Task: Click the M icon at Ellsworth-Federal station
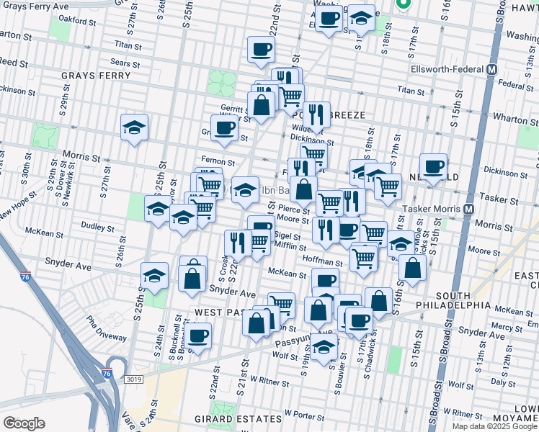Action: point(492,70)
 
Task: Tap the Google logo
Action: point(24,423)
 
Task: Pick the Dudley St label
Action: point(93,225)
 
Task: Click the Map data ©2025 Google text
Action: point(495,426)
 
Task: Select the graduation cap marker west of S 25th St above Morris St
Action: point(134,127)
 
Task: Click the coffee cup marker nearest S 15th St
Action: point(433,167)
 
